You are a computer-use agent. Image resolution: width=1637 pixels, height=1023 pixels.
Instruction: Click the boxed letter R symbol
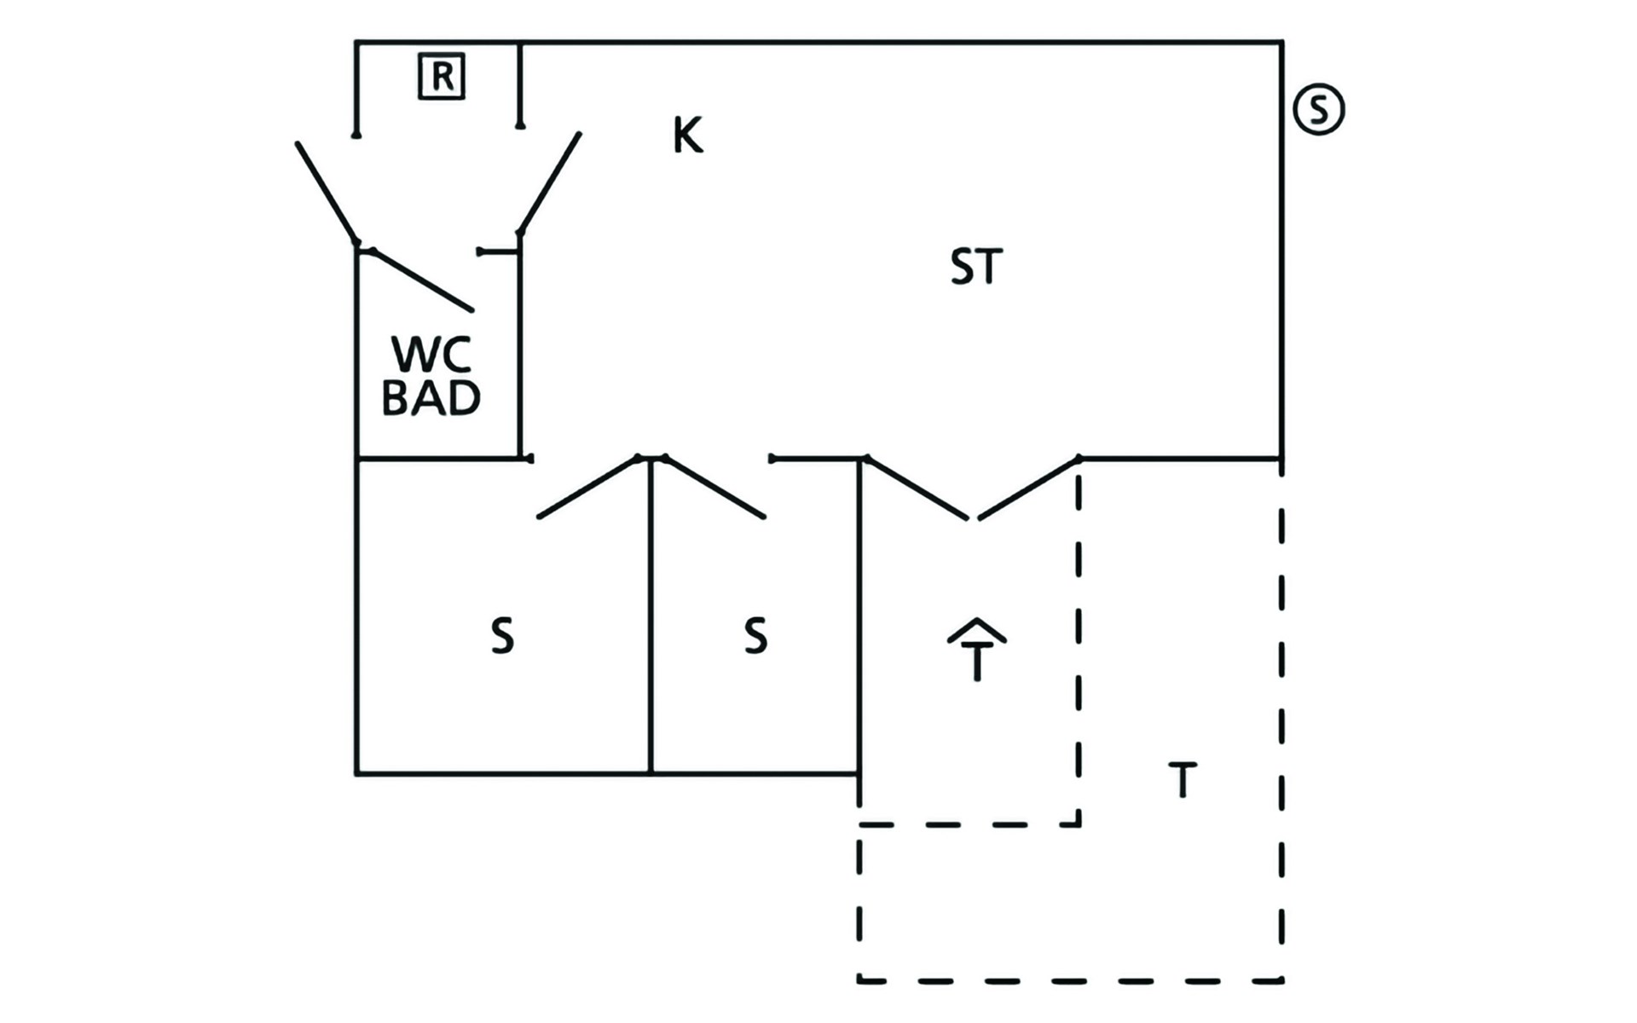[442, 77]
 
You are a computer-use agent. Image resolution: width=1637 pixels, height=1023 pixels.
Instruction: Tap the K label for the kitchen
[688, 136]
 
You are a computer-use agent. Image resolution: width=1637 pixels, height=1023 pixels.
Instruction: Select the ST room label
[976, 266]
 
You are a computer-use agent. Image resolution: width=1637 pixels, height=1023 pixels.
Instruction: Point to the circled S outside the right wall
[1319, 110]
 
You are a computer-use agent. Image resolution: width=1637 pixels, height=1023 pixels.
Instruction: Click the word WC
[431, 355]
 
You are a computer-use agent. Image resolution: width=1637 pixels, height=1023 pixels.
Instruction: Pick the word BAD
[431, 397]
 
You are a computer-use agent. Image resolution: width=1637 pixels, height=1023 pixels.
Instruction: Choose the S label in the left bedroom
[502, 636]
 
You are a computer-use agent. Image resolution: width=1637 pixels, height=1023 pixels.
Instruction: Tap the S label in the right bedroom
[755, 636]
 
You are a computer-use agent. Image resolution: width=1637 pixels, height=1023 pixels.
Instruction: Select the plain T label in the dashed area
[1183, 779]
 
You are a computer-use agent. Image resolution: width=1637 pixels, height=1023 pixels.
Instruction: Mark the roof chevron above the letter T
[977, 629]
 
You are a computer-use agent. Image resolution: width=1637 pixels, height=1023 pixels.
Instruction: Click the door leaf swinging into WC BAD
[422, 280]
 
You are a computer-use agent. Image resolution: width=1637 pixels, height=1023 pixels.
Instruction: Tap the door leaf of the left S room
[587, 488]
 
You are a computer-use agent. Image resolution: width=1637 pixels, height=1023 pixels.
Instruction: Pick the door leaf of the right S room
[714, 488]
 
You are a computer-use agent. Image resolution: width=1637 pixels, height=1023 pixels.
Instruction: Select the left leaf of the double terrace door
[917, 488]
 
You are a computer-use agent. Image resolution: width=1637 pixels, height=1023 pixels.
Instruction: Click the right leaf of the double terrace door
[1029, 488]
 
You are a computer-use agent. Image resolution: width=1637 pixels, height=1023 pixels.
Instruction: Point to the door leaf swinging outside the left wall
[327, 193]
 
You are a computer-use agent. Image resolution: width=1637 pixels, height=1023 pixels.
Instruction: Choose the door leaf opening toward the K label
[550, 182]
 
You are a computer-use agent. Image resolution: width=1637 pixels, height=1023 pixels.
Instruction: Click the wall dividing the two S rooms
[651, 616]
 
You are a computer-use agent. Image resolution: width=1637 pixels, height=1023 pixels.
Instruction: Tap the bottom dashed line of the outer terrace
[1070, 980]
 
